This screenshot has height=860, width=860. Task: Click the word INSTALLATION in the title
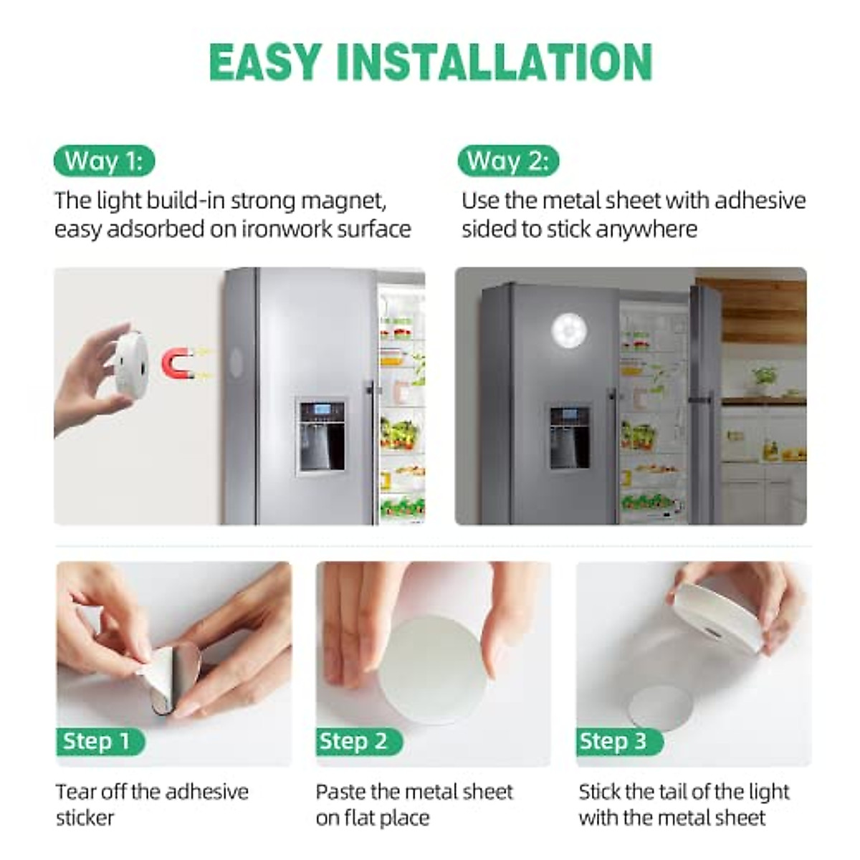click(494, 62)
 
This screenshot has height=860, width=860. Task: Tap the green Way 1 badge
click(104, 161)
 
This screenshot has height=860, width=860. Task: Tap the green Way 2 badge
click(507, 161)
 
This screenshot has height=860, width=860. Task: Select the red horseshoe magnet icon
click(178, 363)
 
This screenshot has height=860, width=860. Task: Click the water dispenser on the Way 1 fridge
click(322, 435)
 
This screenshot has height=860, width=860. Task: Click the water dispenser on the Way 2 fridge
click(570, 437)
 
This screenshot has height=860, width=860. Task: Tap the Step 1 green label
click(97, 741)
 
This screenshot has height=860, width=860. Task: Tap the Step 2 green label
click(354, 741)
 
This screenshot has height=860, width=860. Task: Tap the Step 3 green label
click(614, 741)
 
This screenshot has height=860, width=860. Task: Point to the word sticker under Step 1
click(85, 818)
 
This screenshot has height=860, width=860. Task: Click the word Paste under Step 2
click(340, 792)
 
